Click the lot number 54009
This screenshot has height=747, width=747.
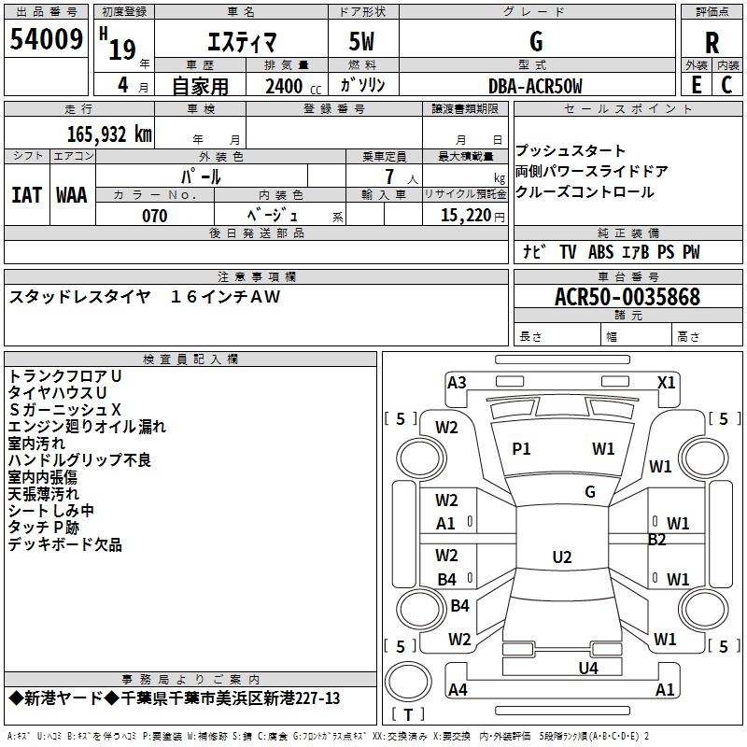tap(46, 39)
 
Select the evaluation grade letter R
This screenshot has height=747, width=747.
tap(712, 42)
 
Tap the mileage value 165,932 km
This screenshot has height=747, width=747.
tap(109, 134)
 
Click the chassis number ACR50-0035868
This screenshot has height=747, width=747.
tap(627, 297)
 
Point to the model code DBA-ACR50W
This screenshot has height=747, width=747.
tap(535, 86)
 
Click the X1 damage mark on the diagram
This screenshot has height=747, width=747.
tap(666, 382)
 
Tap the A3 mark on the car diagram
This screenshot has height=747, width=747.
tap(457, 382)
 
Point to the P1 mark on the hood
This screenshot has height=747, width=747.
tap(521, 449)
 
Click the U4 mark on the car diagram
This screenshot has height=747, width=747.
tap(587, 668)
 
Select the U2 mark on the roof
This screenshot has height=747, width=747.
tap(561, 557)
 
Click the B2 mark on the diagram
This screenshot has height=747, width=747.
tap(657, 540)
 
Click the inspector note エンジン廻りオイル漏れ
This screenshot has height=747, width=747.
tap(87, 427)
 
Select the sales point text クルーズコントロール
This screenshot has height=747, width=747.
tap(585, 192)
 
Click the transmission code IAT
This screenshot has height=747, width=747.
tap(26, 194)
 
